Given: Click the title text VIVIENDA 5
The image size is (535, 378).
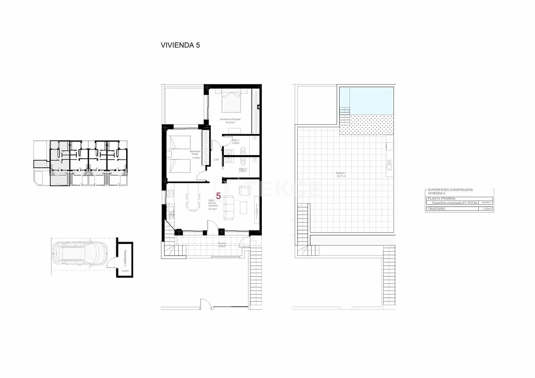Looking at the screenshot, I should click(180, 45).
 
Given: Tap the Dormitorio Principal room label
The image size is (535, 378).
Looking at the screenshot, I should click(230, 119).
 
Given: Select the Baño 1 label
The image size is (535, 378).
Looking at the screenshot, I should click(236, 140).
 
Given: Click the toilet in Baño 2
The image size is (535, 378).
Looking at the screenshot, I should click(243, 162).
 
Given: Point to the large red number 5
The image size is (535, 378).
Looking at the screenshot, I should click(218, 196).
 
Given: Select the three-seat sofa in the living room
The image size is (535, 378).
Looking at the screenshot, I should click(229, 208).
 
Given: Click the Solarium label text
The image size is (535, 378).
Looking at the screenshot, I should click(341, 173).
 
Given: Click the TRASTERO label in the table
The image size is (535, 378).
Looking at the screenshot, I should click(436, 209).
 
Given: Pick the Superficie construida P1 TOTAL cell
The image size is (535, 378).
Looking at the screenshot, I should click(454, 203).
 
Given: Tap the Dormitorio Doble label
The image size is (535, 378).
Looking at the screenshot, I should click(195, 153).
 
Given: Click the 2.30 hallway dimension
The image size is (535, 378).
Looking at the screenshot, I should click(216, 160).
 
